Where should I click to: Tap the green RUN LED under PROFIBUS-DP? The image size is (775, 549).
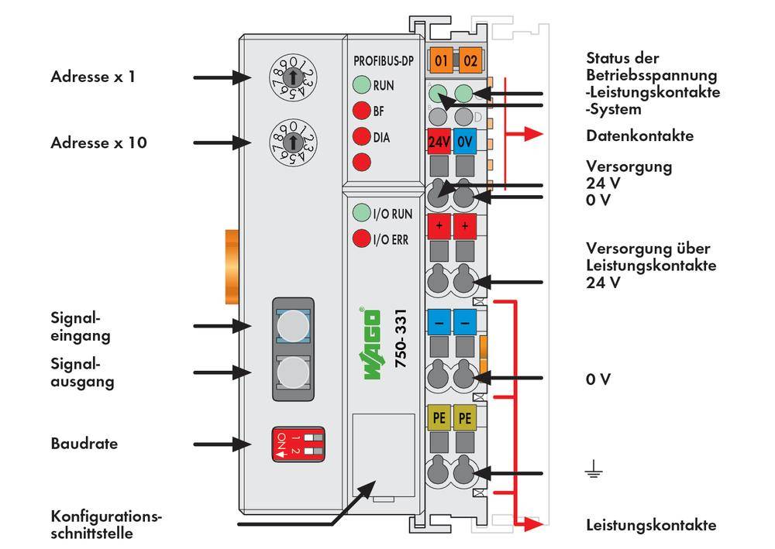(x=360, y=85)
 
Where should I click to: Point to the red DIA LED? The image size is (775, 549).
(x=360, y=137)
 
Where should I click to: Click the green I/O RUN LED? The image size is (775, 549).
(x=360, y=212)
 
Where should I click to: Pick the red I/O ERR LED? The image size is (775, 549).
(x=360, y=238)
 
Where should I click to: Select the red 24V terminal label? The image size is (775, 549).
(x=439, y=142)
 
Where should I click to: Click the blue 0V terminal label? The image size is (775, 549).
(x=465, y=142)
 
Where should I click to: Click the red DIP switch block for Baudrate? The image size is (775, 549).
(x=292, y=444)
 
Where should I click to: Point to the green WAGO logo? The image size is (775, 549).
(x=372, y=344)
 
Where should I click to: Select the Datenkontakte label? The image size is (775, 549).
(x=639, y=136)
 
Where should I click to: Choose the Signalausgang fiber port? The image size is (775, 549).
(x=292, y=372)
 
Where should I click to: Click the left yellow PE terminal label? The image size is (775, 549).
(x=438, y=419)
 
